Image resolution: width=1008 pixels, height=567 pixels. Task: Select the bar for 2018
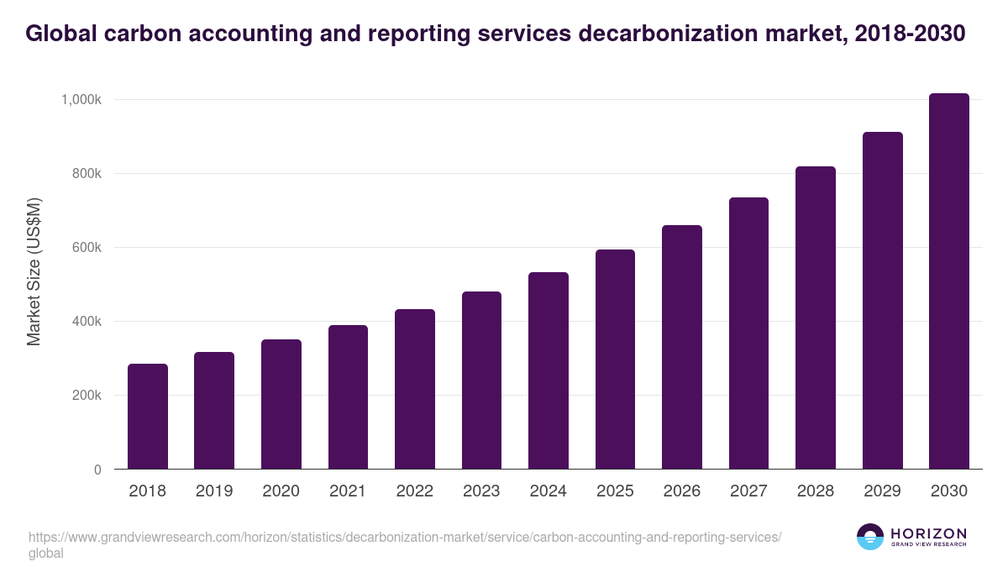click(148, 417)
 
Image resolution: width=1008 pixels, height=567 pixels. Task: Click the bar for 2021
click(348, 397)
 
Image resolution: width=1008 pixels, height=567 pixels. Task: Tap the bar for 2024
click(549, 370)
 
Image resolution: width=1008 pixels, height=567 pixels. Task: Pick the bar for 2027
click(748, 333)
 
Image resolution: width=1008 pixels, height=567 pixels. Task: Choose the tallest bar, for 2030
click(949, 281)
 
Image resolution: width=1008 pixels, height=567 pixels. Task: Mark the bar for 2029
click(882, 301)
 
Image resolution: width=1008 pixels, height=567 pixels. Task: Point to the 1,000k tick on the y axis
click(81, 100)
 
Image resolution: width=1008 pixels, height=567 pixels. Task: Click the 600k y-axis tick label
click(86, 248)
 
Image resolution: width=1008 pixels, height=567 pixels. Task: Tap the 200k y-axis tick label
click(86, 396)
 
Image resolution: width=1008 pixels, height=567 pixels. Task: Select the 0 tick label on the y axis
click(97, 470)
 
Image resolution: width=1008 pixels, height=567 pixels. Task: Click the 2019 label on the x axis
click(214, 491)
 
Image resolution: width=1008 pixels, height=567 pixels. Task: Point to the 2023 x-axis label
click(481, 491)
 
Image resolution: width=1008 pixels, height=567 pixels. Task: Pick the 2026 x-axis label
click(681, 491)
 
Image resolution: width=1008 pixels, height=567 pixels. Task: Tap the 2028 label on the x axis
click(815, 491)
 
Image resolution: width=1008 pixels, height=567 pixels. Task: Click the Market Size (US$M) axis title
click(34, 271)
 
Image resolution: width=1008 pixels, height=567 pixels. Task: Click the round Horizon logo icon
click(870, 537)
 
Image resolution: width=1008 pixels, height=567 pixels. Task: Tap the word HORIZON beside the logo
click(928, 533)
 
